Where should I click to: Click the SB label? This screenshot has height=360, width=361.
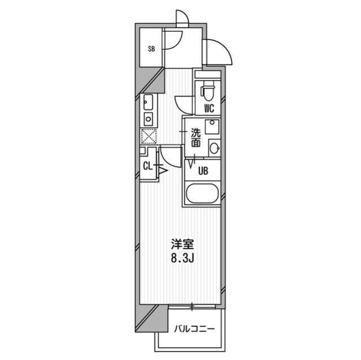[151, 49]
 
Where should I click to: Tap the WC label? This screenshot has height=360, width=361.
[208, 108]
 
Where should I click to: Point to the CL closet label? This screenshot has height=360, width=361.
[147, 166]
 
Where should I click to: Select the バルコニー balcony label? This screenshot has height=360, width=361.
[194, 328]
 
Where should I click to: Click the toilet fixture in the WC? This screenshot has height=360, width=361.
[208, 88]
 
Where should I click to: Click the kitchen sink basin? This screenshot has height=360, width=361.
[148, 103]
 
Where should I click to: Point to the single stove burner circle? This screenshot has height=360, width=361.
[148, 119]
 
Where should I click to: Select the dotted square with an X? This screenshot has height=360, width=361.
[148, 136]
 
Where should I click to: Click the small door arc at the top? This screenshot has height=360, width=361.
[182, 19]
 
